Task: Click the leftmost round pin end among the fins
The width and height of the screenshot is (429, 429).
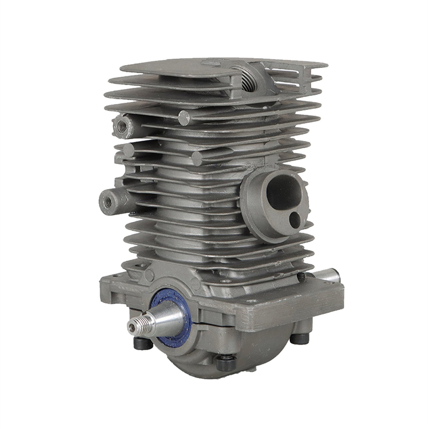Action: pyautogui.click(x=129, y=149)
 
